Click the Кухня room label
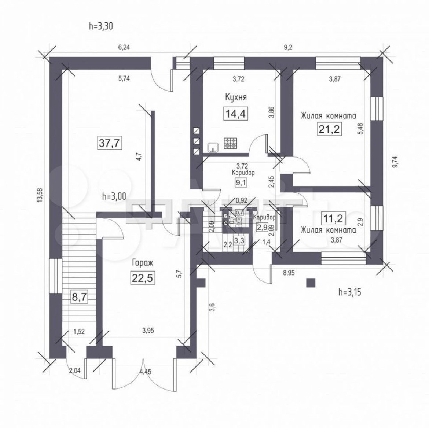click(236, 97)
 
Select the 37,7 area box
click(109, 142)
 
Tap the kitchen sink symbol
click(213, 147)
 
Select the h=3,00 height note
click(114, 196)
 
